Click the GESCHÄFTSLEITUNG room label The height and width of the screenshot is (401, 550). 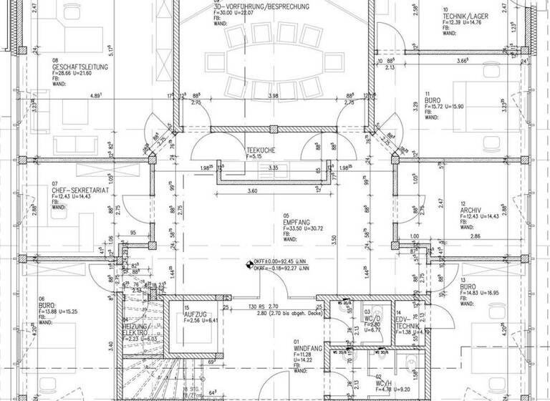tap(78, 67)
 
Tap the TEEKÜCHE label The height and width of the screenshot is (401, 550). tap(256, 150)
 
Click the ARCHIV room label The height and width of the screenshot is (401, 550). tap(470, 211)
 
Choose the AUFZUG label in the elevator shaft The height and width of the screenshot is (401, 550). tap(196, 314)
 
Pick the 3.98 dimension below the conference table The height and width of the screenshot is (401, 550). tap(273, 95)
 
